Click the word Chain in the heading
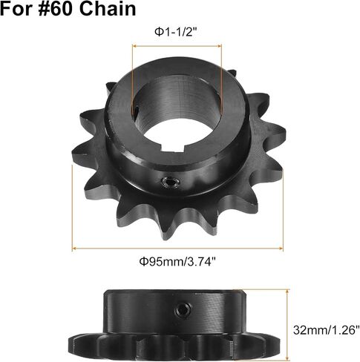(108, 8)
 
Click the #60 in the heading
(56, 8)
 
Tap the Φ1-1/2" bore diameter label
(177, 32)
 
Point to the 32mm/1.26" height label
(326, 330)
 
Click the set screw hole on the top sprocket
(170, 183)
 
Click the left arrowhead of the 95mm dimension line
(74, 249)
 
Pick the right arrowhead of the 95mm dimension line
(281, 249)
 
